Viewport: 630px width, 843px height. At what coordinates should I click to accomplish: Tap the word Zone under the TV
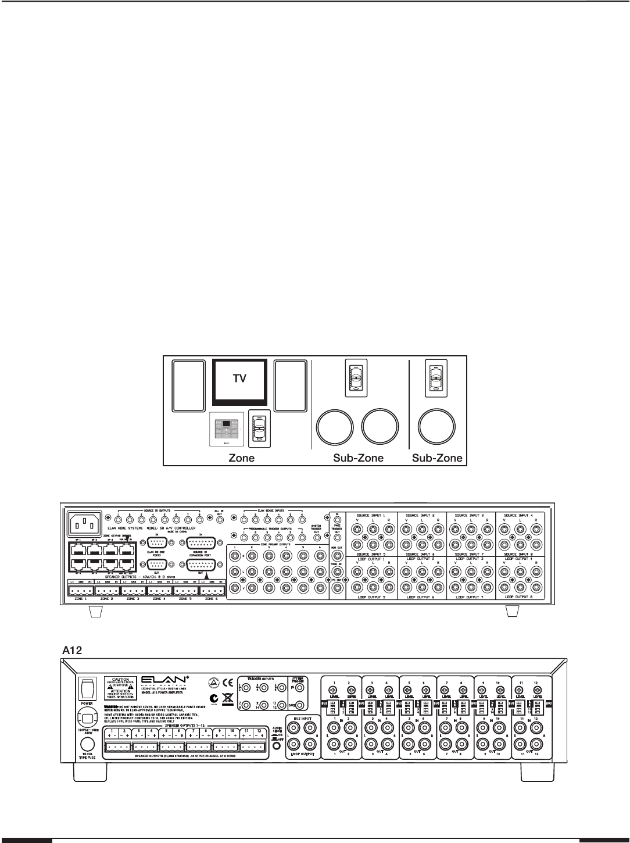pos(239,458)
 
